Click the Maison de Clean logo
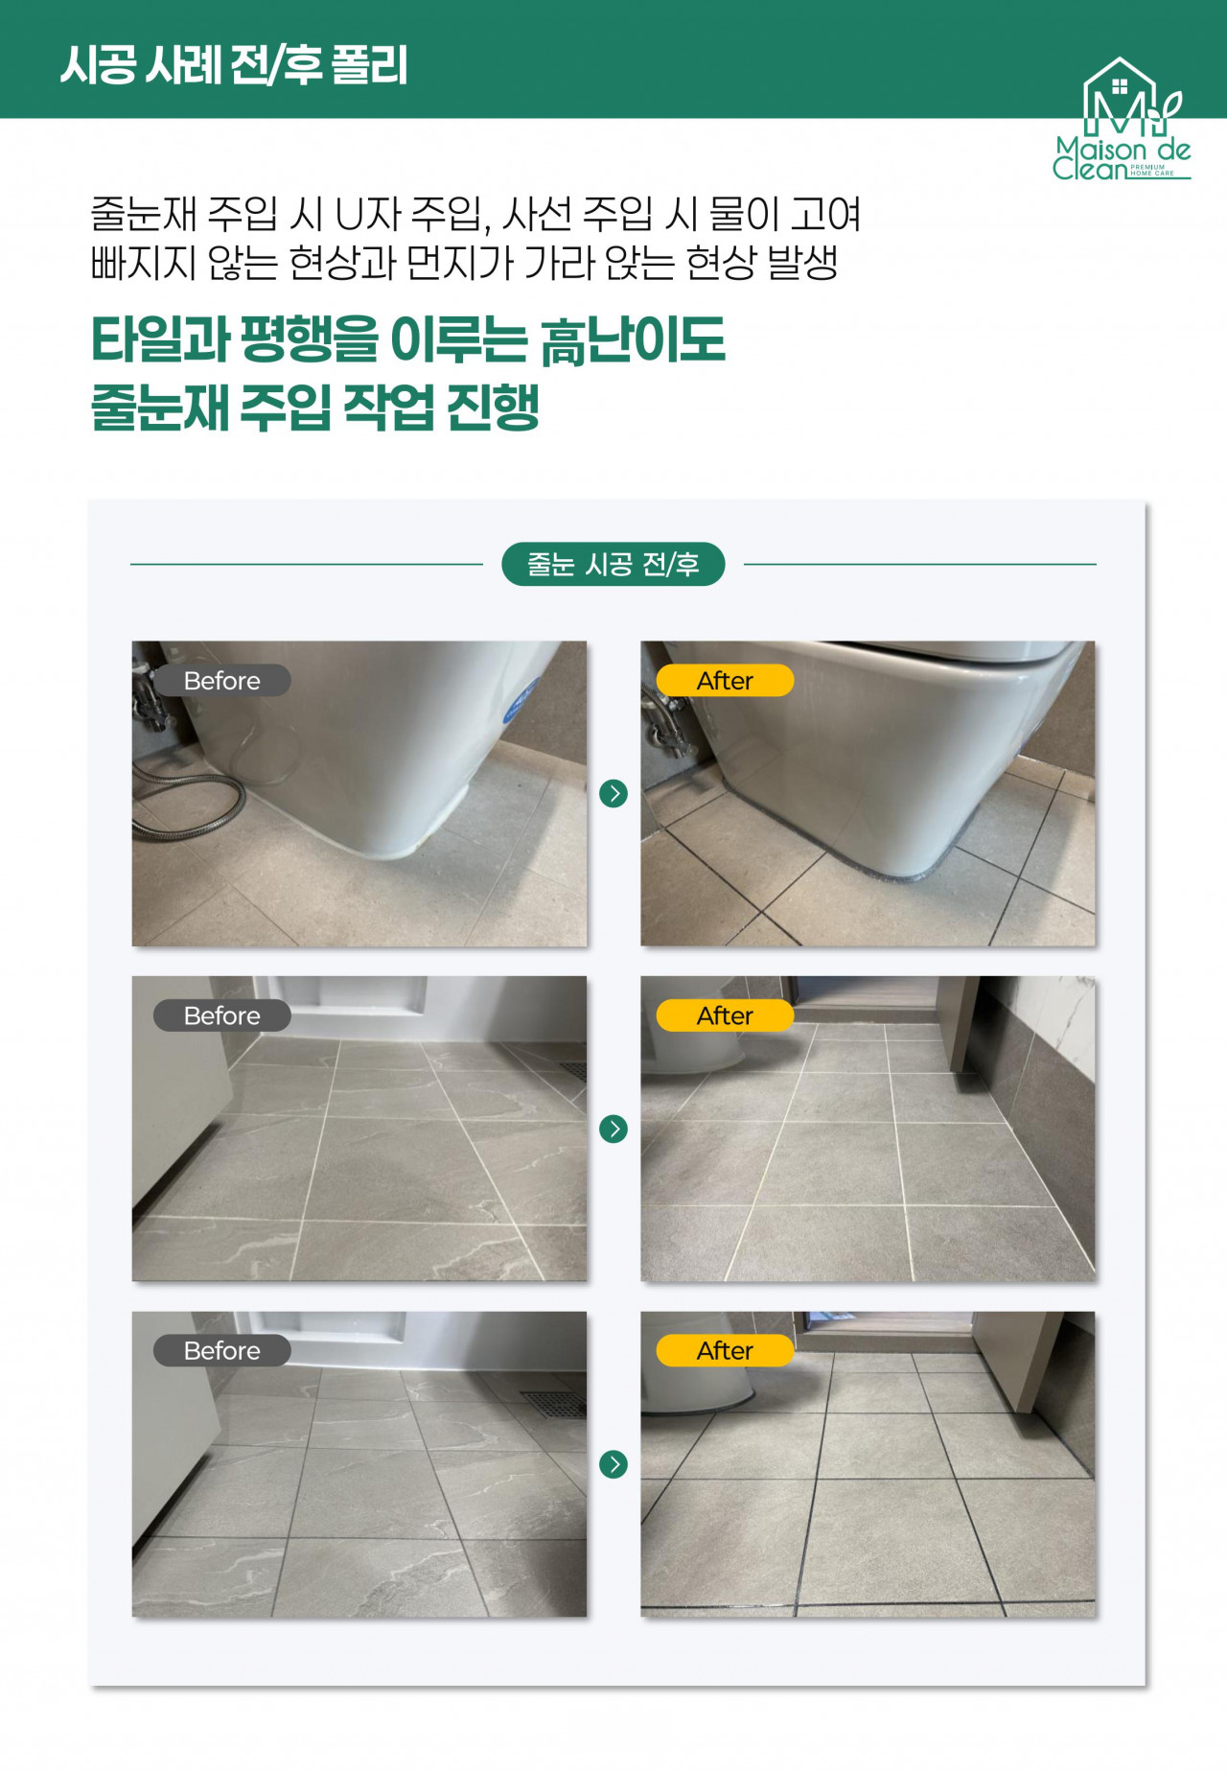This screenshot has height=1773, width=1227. pyautogui.click(x=1122, y=119)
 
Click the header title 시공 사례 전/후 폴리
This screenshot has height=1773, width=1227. pyautogui.click(x=234, y=65)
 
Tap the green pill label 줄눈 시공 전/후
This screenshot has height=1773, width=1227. pyautogui.click(x=613, y=564)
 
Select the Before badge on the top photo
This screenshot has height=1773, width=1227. pyautogui.click(x=222, y=681)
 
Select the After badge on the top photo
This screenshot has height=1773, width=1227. pyautogui.click(x=725, y=681)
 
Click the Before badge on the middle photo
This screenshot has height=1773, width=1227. pyautogui.click(x=222, y=1015)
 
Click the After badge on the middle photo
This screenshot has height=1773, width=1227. pyautogui.click(x=725, y=1015)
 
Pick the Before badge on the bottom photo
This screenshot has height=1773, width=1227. pyautogui.click(x=222, y=1350)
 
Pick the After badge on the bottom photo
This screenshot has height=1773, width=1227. pyautogui.click(x=725, y=1350)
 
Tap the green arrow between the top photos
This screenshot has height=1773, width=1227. pyautogui.click(x=613, y=794)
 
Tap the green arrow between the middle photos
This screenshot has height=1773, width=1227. pyautogui.click(x=613, y=1129)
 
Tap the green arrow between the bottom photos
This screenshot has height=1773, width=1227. pyautogui.click(x=613, y=1464)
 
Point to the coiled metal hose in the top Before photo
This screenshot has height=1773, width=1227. pyautogui.click(x=187, y=801)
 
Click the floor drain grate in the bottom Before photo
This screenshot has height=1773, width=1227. pyautogui.click(x=554, y=1402)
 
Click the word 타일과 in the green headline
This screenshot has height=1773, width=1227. pyautogui.click(x=161, y=340)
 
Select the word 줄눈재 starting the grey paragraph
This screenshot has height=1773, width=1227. pyautogui.click(x=144, y=214)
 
